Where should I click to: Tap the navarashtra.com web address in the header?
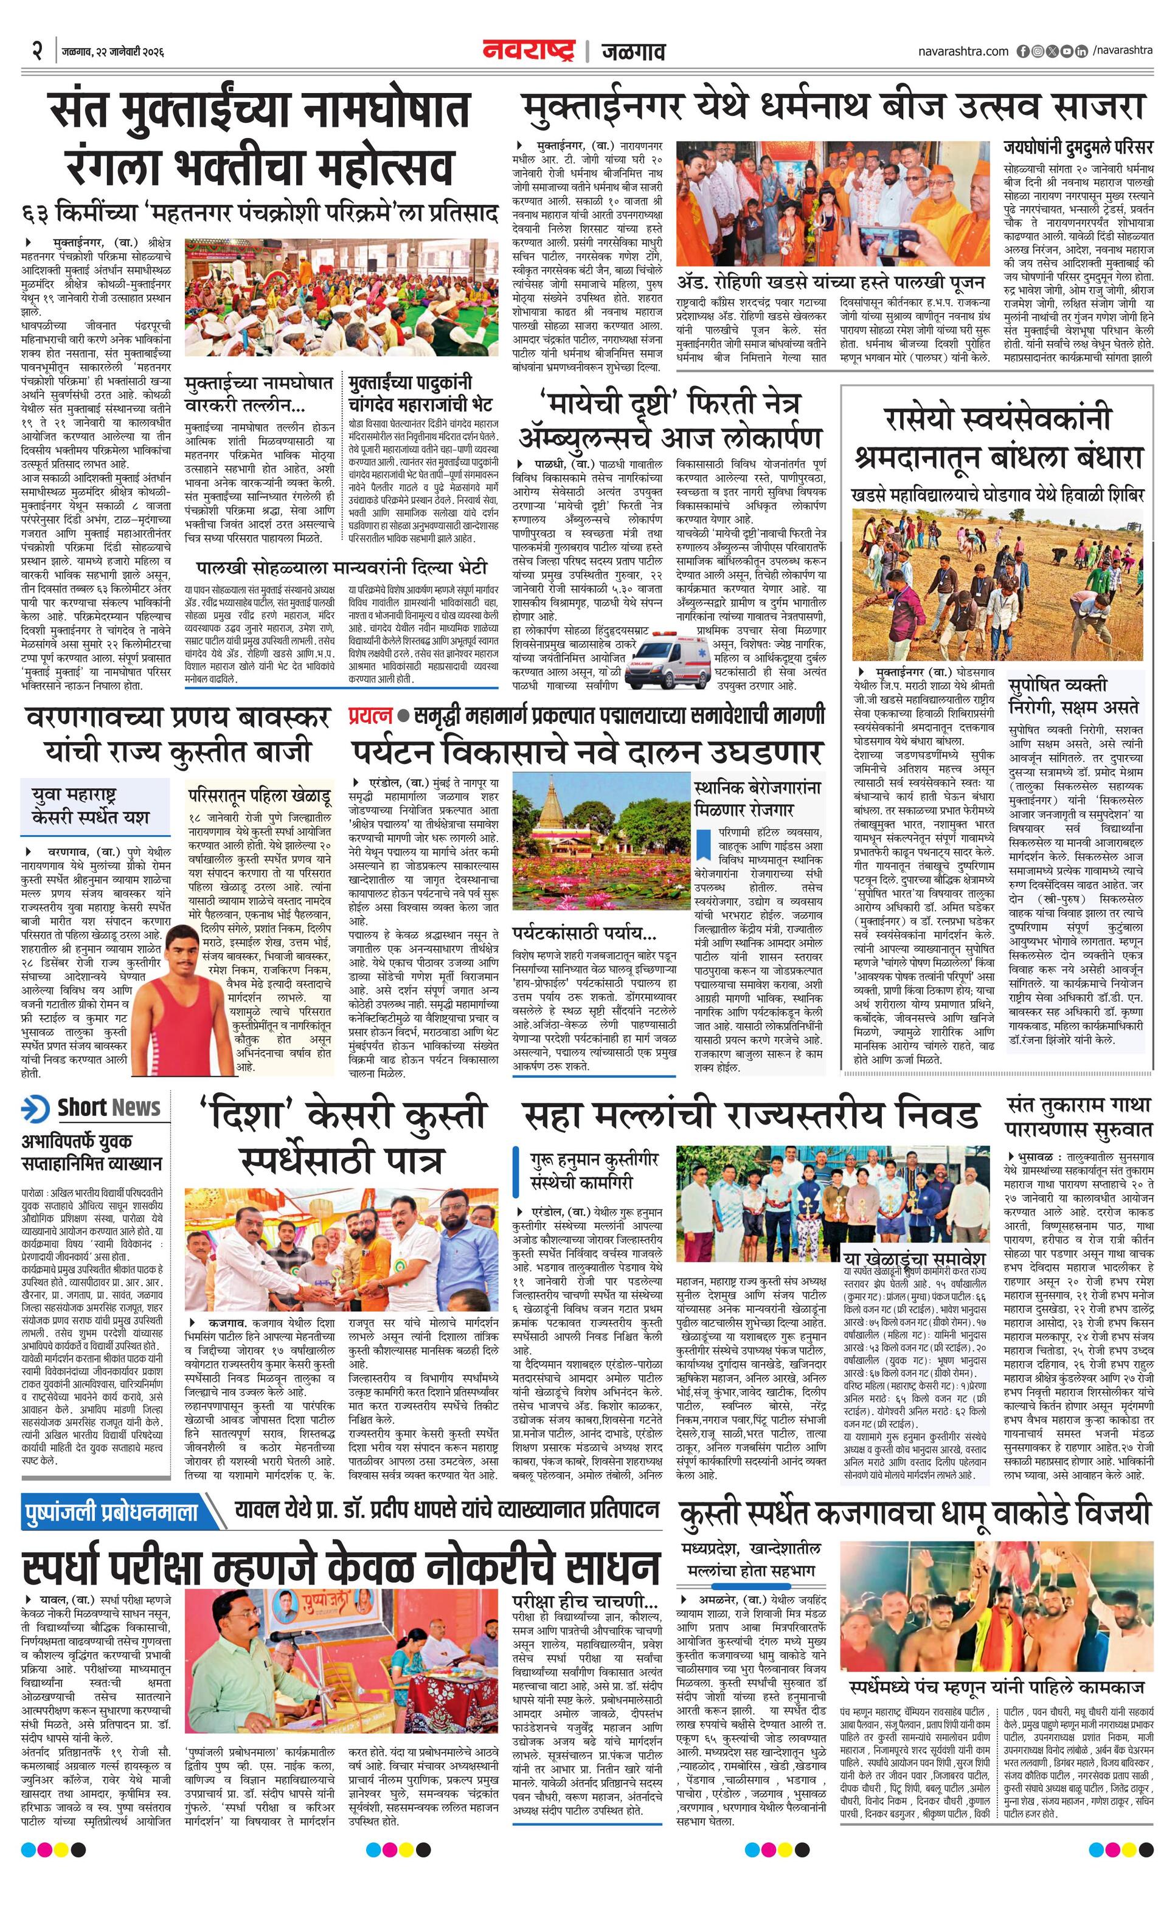pyautogui.click(x=963, y=51)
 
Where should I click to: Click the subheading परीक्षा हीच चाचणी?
pyautogui.click(x=584, y=1577)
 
